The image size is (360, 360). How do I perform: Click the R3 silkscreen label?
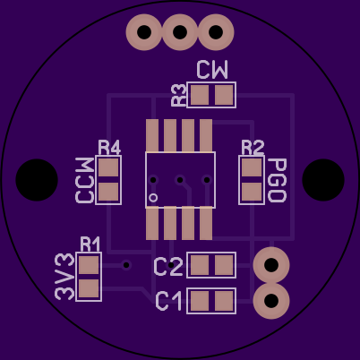click(179, 95)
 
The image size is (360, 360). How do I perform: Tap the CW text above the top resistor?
click(212, 70)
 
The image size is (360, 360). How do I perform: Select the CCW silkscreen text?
click(85, 180)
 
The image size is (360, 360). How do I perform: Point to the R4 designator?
click(109, 148)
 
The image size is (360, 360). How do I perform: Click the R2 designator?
click(253, 148)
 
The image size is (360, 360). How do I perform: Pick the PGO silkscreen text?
click(277, 180)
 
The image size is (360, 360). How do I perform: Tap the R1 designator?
click(90, 244)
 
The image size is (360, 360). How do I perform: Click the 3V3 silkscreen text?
click(64, 277)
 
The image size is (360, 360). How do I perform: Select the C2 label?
click(168, 267)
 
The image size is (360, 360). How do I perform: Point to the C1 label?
click(168, 301)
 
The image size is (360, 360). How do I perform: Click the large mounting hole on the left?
click(37, 180)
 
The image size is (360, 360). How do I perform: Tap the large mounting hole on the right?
click(323, 180)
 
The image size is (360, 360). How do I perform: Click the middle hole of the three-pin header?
click(180, 32)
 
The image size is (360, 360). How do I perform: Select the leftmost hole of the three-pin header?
click(144, 32)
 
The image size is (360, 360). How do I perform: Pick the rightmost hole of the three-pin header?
click(216, 32)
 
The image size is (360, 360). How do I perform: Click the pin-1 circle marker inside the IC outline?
click(153, 198)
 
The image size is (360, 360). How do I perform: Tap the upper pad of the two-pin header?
click(271, 265)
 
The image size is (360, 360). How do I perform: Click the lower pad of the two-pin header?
click(271, 301)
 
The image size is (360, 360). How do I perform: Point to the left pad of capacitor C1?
click(200, 301)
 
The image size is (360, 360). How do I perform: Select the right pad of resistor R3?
click(224, 95)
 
